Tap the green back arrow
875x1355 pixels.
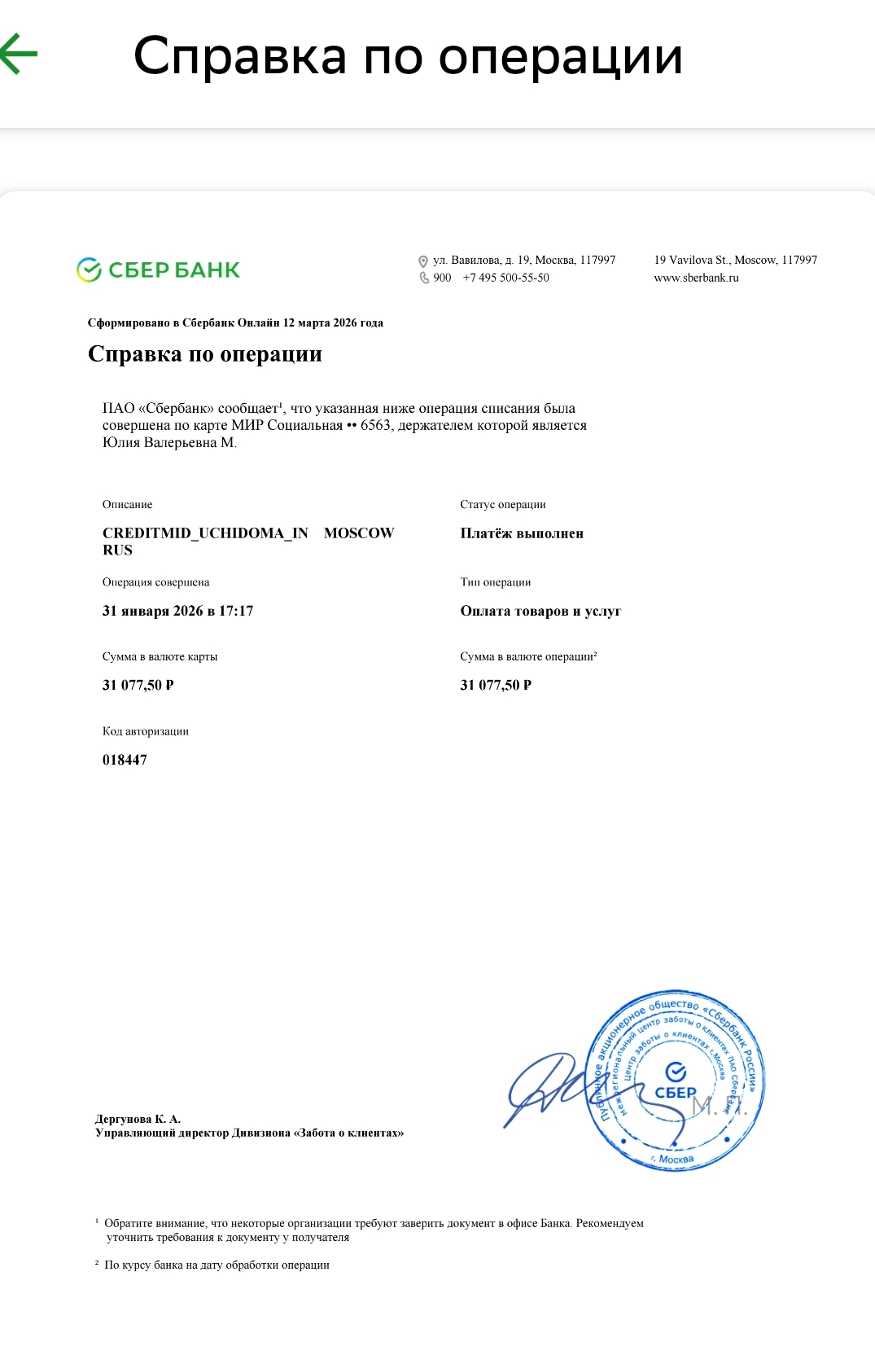pyautogui.click(x=18, y=54)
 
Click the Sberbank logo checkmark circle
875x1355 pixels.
pyautogui.click(x=88, y=270)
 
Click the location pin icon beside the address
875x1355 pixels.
pyautogui.click(x=423, y=261)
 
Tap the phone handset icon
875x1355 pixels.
pyautogui.click(x=424, y=278)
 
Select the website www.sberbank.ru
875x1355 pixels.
pyautogui.click(x=696, y=278)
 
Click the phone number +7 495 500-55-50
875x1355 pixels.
pyautogui.click(x=505, y=278)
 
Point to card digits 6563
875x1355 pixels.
pyautogui.click(x=375, y=425)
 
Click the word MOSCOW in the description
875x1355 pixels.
pyautogui.click(x=358, y=533)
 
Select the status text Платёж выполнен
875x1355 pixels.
pyautogui.click(x=522, y=533)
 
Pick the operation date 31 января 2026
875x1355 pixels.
pyautogui.click(x=153, y=611)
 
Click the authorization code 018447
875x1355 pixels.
pyautogui.click(x=125, y=760)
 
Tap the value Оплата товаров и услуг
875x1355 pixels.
pyautogui.click(x=540, y=611)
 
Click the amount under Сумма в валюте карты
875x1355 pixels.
pyautogui.click(x=138, y=685)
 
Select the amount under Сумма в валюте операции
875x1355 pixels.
pyautogui.click(x=496, y=685)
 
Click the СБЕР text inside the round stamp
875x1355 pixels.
pyautogui.click(x=676, y=1093)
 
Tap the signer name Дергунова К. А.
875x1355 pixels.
pyautogui.click(x=138, y=1119)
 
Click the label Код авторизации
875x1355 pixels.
pyautogui.click(x=145, y=731)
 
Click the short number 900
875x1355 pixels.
pyautogui.click(x=442, y=278)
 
